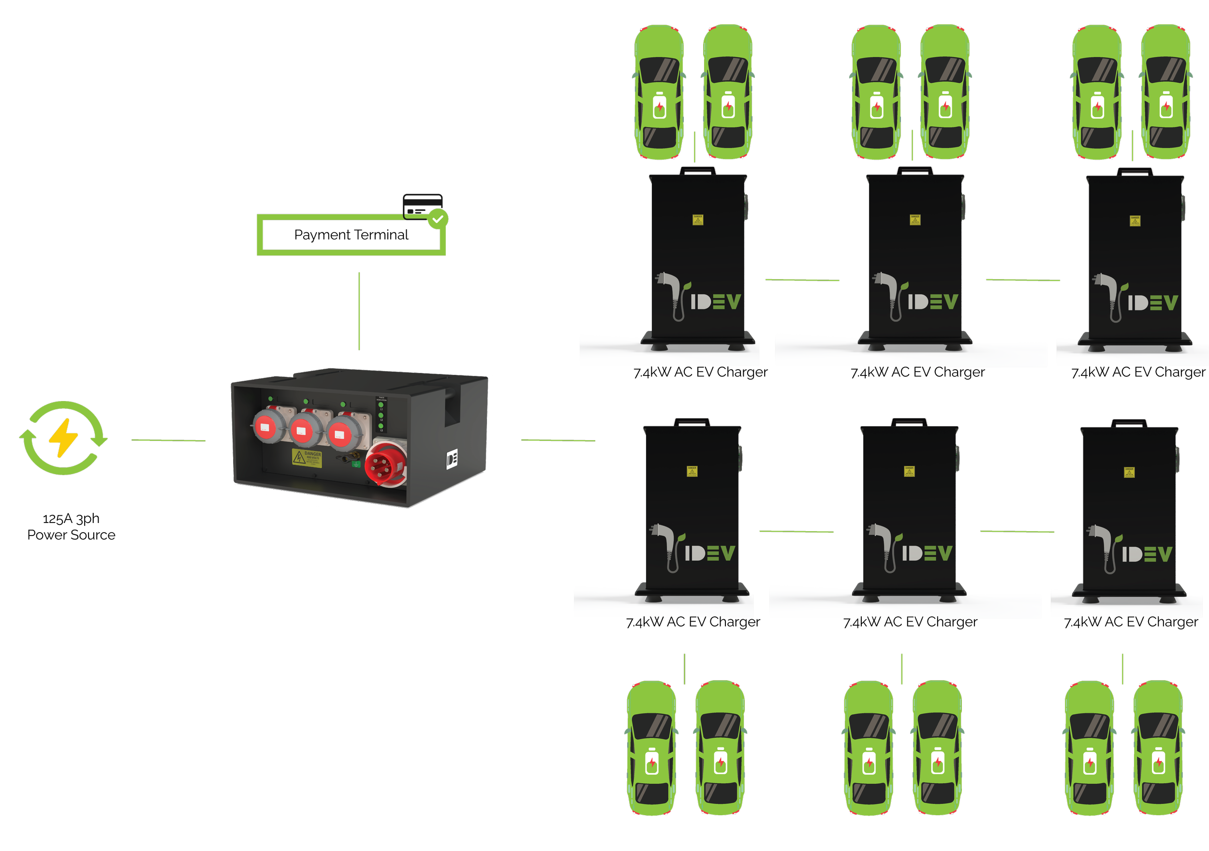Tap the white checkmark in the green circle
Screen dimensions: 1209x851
[438, 219]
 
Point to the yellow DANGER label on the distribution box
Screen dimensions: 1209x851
[307, 457]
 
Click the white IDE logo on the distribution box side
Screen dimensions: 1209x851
[452, 459]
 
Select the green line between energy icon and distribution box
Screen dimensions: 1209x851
[168, 440]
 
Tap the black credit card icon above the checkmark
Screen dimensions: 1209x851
[422, 205]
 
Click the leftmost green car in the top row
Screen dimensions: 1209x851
[659, 92]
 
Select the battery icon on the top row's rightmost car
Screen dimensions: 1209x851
[1166, 105]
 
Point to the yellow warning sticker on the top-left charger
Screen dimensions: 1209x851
[698, 219]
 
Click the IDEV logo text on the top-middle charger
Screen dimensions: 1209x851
[932, 301]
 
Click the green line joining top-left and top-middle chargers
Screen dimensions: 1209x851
[802, 280]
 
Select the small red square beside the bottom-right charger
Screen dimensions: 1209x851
[1061, 537]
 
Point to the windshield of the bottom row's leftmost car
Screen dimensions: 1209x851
[651, 727]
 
